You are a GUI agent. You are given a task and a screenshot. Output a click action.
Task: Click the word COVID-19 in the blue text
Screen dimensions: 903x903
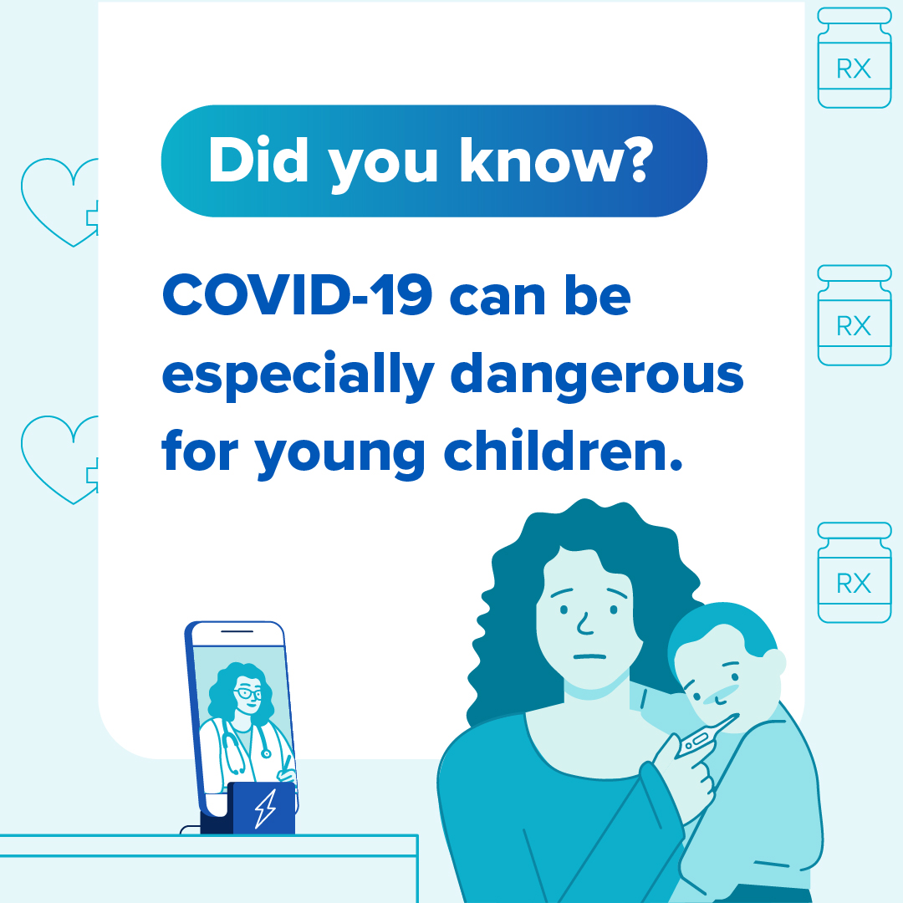coord(297,295)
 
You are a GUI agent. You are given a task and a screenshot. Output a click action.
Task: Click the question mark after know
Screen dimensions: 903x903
coord(637,160)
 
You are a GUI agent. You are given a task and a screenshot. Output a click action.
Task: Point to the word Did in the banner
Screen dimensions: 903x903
coord(258,160)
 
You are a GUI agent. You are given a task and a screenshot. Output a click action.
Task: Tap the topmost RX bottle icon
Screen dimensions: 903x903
coord(854,58)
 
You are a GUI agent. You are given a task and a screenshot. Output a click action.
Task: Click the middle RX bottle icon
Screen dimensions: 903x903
coord(854,315)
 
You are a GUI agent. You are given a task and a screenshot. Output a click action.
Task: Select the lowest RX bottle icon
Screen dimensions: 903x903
coord(854,573)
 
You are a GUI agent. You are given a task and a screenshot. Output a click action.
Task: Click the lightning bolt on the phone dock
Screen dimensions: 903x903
coord(266,808)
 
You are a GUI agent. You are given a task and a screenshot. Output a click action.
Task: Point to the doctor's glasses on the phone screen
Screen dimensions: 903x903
coord(247,693)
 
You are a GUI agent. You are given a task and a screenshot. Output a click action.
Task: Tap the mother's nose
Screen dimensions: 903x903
coord(584,624)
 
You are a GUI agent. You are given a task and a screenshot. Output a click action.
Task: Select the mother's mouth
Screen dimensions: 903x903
coord(589,656)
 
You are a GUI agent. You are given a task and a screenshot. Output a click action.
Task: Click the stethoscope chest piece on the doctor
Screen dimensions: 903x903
coord(266,752)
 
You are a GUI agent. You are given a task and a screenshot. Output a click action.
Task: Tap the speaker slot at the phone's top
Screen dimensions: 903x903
coord(237,631)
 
